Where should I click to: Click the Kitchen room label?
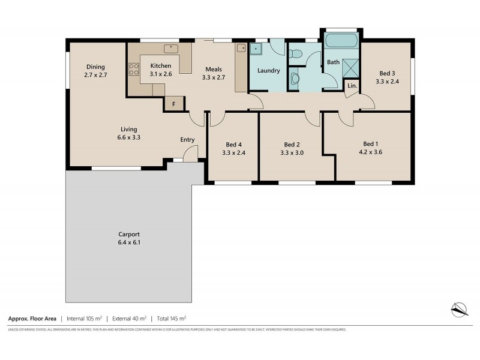tap(160, 65)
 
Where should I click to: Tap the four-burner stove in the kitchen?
tap(134, 69)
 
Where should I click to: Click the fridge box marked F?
tap(173, 104)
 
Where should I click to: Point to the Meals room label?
tap(214, 69)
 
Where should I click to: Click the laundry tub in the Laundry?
tap(257, 49)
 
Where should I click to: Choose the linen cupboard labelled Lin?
tap(352, 86)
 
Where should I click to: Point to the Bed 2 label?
tap(292, 144)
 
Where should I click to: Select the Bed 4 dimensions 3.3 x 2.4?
tap(233, 152)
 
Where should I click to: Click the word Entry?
tap(187, 140)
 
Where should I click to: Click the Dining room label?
tap(95, 67)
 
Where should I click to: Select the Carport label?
tap(128, 235)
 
